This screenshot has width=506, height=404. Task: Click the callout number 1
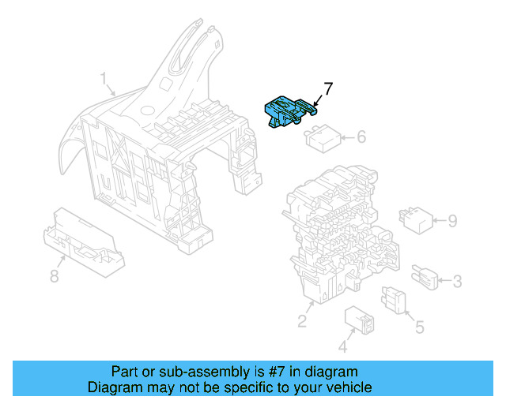tap(104, 79)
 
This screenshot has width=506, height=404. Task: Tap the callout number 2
tap(302, 320)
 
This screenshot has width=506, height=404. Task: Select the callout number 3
tap(457, 280)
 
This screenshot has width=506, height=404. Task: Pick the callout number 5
tap(420, 325)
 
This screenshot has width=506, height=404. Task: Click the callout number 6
tap(361, 137)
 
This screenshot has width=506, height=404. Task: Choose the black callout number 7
tap(328, 88)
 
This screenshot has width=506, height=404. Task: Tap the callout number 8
tap(54, 276)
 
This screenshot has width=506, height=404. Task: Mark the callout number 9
tap(452, 221)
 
